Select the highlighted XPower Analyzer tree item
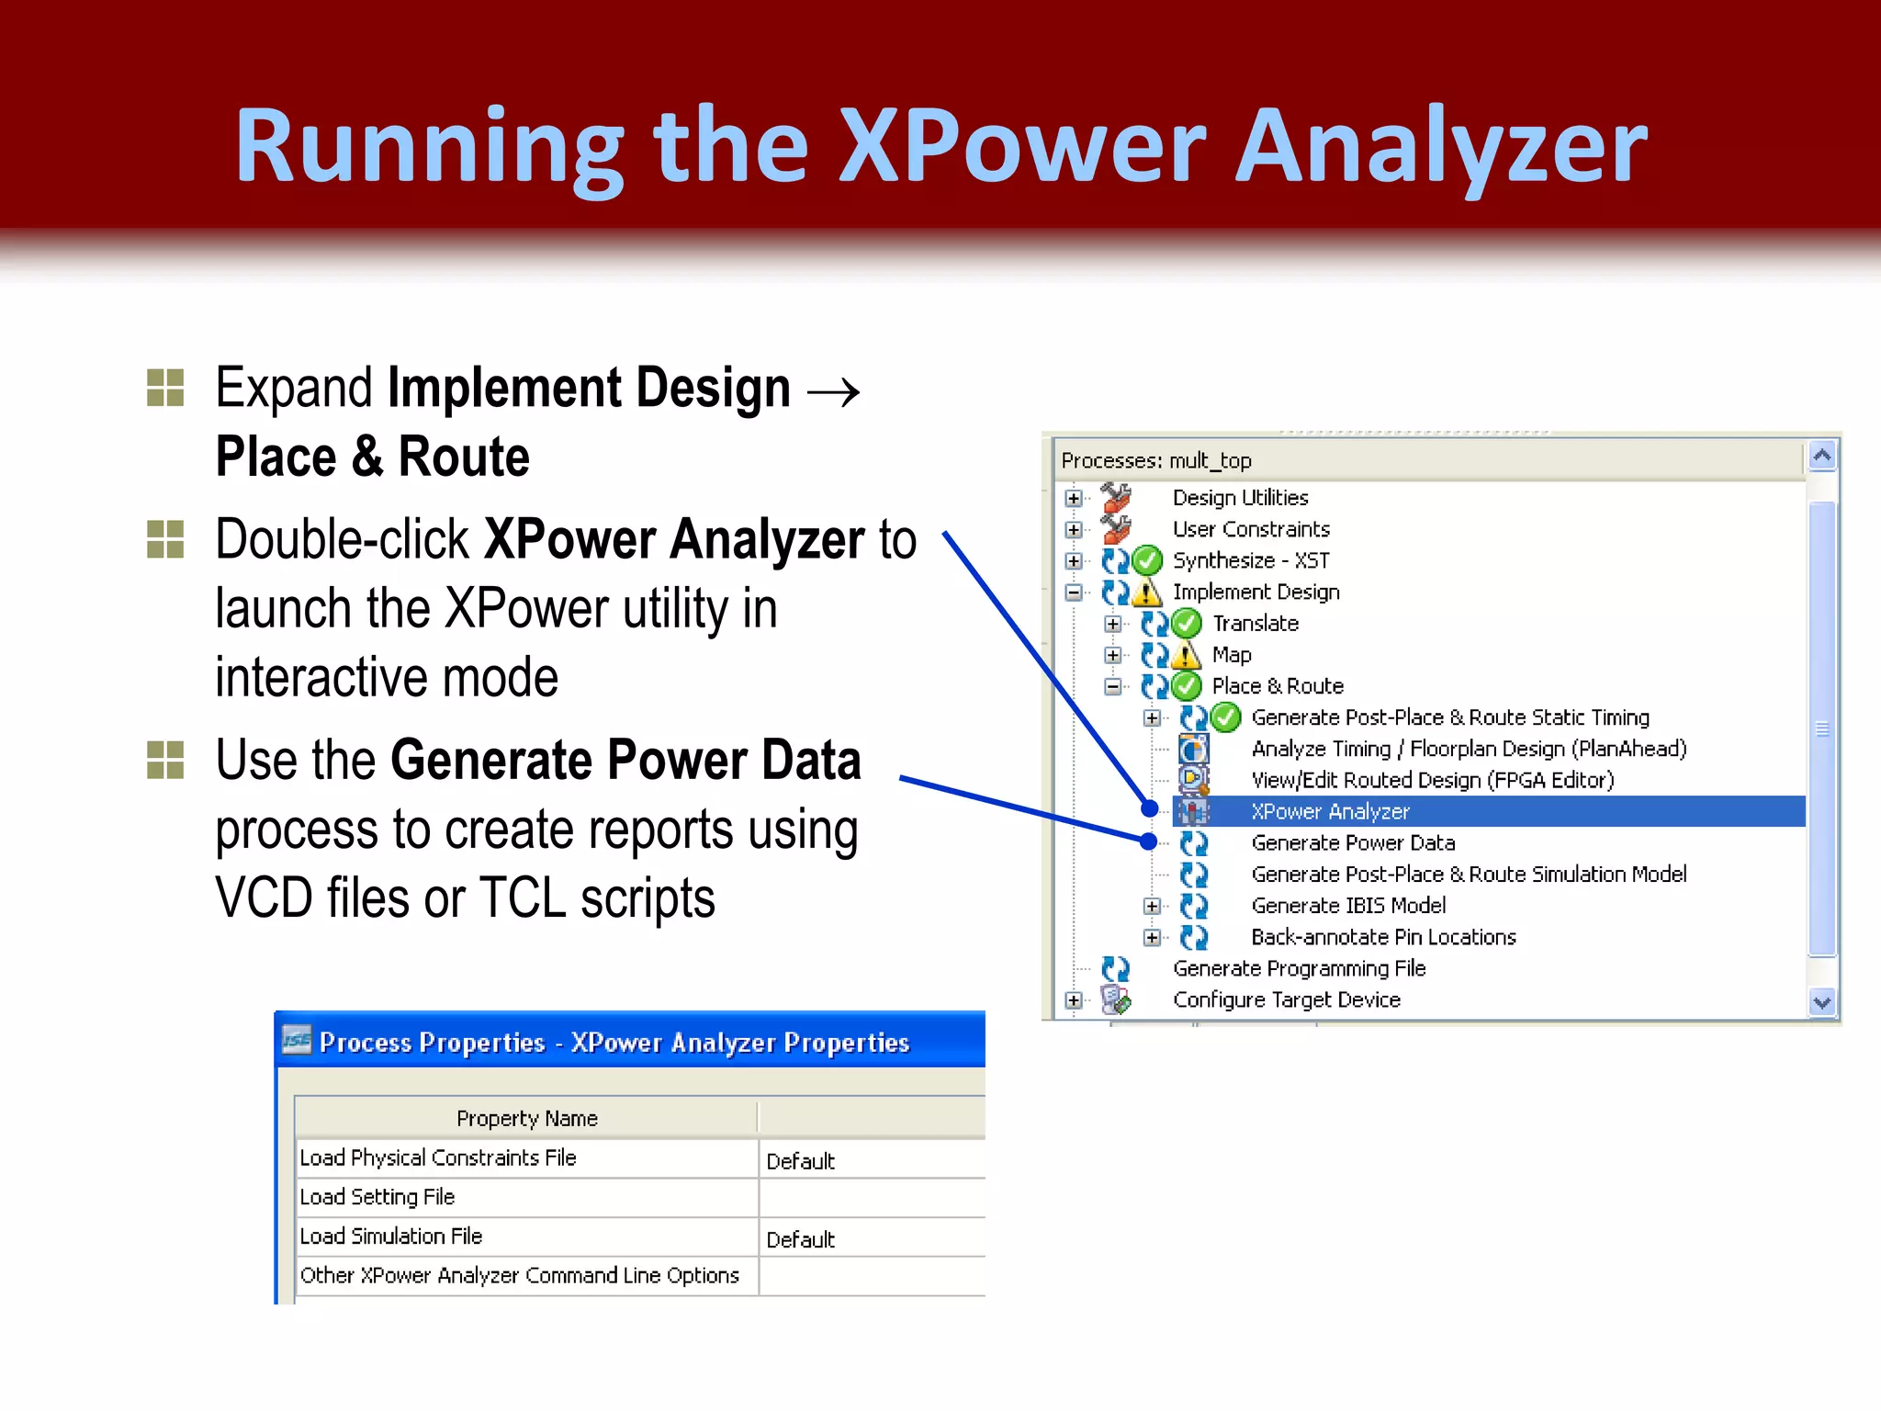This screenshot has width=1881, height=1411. [x=1330, y=812]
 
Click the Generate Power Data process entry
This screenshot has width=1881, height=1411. [x=1353, y=843]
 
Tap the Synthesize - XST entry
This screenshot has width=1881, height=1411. [x=1251, y=560]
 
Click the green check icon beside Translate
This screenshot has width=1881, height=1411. [x=1187, y=624]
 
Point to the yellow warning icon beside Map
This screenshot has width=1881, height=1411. [x=1187, y=656]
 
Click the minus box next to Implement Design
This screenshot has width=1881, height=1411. [x=1074, y=593]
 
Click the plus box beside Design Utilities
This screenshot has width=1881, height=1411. [x=1074, y=498]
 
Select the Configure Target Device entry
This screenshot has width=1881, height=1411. [x=1286, y=1000]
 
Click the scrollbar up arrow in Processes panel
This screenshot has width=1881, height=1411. [x=1822, y=456]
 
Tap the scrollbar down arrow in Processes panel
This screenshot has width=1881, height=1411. [x=1822, y=1002]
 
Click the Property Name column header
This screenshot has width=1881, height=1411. [x=526, y=1119]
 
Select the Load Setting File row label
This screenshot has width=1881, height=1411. [x=377, y=1197]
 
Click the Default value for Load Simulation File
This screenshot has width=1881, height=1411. [x=800, y=1240]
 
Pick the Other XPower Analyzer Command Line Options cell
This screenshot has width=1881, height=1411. [x=520, y=1276]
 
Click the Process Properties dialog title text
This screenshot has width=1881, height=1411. [x=614, y=1043]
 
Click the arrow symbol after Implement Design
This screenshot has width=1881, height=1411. [x=833, y=393]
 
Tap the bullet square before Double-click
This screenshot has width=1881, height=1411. [x=165, y=539]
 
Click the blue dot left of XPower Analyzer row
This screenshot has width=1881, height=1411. [x=1149, y=808]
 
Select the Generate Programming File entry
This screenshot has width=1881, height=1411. [x=1299, y=969]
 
